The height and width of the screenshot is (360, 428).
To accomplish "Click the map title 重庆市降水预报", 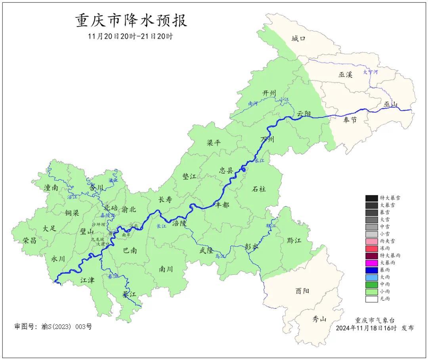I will tap(131, 21).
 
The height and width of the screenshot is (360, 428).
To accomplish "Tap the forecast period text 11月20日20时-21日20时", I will tap(130, 36).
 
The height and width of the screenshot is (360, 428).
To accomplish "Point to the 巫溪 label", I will tap(346, 75).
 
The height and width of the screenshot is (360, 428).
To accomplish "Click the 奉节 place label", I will tap(350, 120).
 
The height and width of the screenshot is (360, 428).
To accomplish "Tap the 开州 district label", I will tap(269, 93).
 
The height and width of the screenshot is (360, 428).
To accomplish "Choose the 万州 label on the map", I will tap(267, 140).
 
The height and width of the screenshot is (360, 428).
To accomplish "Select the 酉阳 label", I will tap(302, 291).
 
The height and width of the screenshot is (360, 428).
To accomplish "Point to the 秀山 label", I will tap(319, 318).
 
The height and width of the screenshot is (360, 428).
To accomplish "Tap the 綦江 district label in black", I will tap(129, 295).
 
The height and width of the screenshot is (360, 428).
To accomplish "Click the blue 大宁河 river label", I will tap(371, 72).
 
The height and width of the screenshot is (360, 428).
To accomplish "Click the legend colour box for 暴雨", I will tap(371, 270).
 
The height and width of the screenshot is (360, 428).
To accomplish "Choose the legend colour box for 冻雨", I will tap(371, 248).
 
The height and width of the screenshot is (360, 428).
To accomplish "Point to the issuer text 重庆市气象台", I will tap(374, 320).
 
